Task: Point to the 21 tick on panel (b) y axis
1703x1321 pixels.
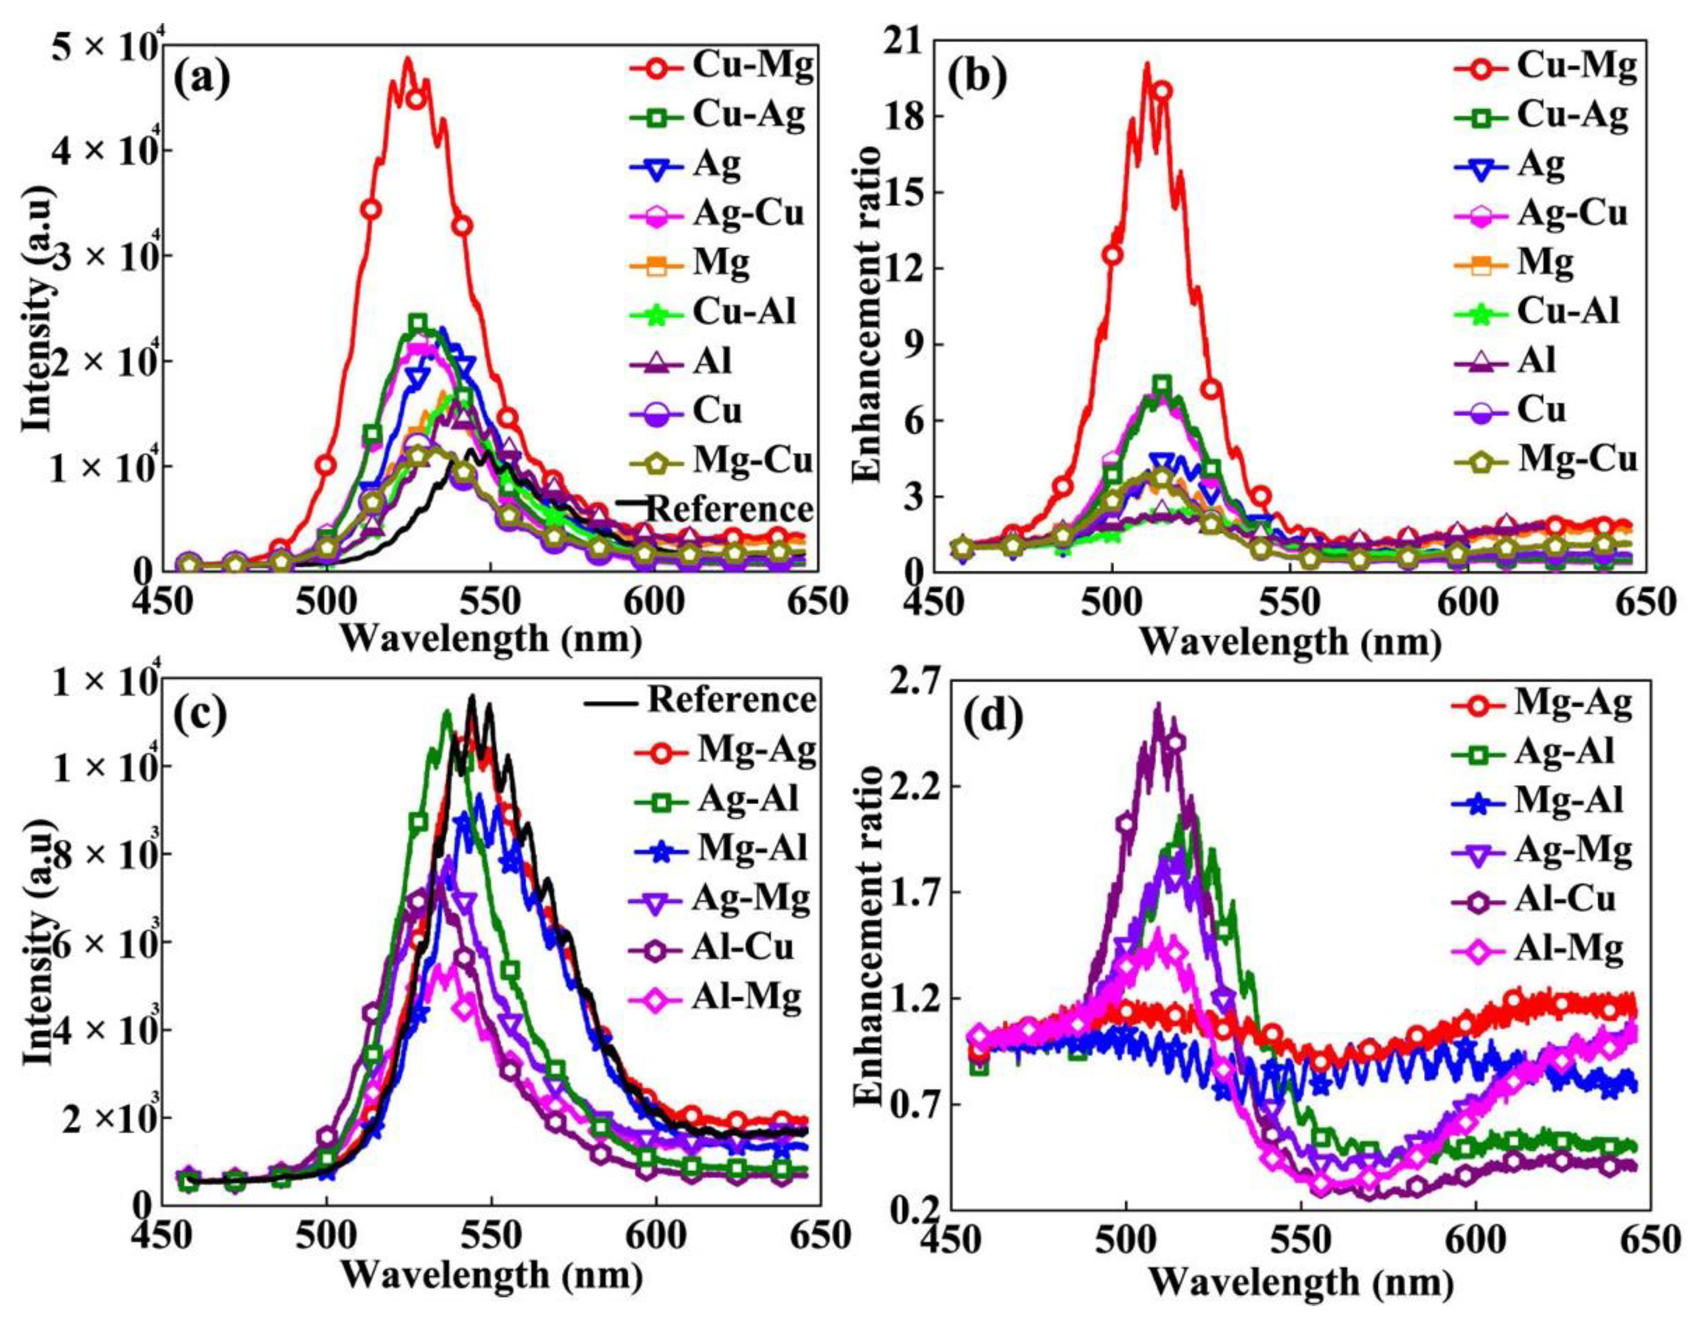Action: coord(904,41)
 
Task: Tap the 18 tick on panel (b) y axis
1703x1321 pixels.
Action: coord(904,116)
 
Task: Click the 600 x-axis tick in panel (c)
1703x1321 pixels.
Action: coord(655,1235)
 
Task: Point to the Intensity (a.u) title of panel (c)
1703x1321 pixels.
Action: coord(39,936)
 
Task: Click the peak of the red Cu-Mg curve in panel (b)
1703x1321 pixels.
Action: coord(1146,65)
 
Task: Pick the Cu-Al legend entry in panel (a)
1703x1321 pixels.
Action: coord(745,312)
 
